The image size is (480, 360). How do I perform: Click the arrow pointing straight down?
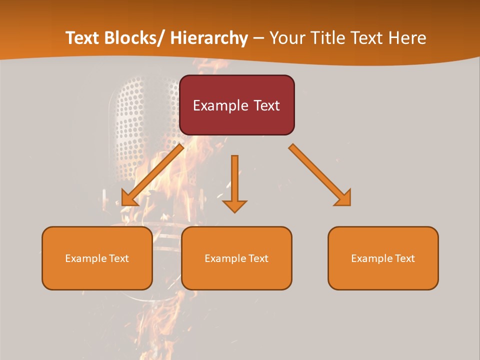(234, 182)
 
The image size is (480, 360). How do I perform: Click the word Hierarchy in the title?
(209, 38)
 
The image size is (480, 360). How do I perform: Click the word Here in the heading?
(407, 38)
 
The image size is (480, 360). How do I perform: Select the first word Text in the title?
(83, 38)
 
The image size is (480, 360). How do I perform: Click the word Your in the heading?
(286, 38)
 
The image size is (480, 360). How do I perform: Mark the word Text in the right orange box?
(404, 258)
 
